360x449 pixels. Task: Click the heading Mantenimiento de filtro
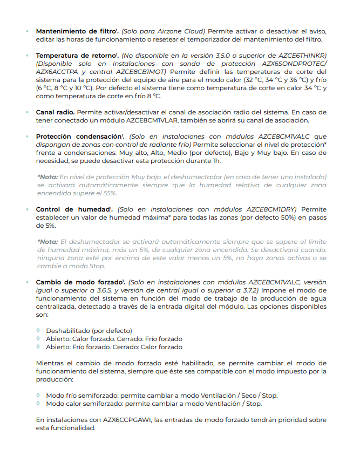point(76,31)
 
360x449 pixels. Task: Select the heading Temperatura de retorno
point(76,56)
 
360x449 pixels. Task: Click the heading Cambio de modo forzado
point(79,282)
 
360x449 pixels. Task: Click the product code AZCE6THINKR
point(303,56)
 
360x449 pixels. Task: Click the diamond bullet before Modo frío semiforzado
point(38,396)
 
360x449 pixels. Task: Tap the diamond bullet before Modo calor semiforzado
point(38,404)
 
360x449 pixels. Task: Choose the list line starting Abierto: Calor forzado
point(113,338)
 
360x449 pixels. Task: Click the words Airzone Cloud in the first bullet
point(181,31)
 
